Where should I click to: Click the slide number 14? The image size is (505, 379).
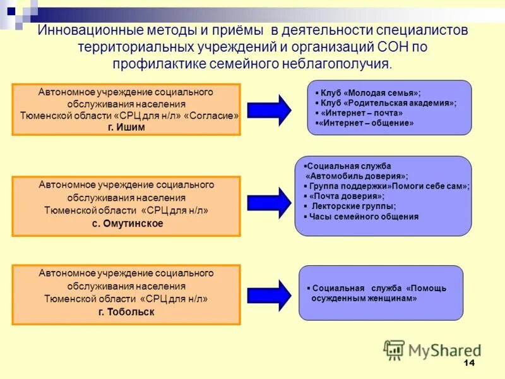point(468,363)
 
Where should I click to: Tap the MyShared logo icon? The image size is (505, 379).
point(394,350)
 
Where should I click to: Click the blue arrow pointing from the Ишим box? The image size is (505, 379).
point(269,109)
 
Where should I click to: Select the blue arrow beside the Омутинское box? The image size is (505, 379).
point(269,202)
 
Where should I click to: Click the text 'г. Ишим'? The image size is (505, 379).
point(126,127)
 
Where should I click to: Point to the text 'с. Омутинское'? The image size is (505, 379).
point(126,223)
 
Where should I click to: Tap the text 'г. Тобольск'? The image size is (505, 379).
point(126,312)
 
